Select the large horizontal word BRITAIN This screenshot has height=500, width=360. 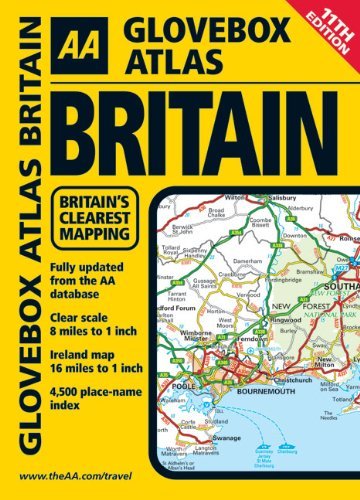206,124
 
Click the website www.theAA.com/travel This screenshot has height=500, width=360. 91,476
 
